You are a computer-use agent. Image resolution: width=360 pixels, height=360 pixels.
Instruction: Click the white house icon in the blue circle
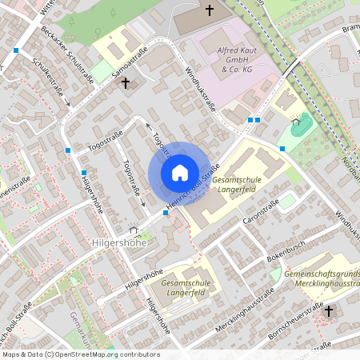(179, 173)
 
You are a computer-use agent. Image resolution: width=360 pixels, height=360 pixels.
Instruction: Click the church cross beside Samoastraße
(125, 82)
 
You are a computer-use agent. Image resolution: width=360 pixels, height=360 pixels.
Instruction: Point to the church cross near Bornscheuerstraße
(329, 310)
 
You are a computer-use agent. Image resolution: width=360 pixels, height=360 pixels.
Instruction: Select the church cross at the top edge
(210, 10)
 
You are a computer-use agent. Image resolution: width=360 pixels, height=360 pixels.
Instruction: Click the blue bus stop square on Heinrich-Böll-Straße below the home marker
(165, 214)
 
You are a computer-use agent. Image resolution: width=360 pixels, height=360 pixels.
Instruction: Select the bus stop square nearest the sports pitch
(282, 149)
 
